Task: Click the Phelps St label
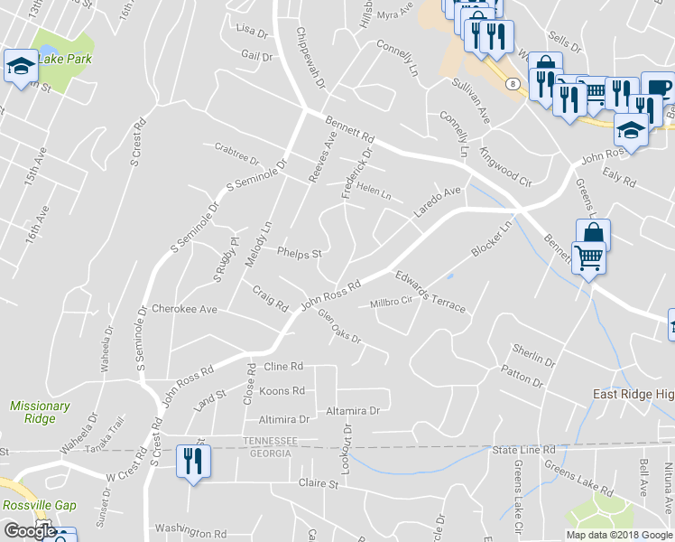299,254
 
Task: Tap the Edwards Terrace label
430,290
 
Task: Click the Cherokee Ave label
184,309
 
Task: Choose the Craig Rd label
269,296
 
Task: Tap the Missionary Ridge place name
40,412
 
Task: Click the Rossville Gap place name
39,506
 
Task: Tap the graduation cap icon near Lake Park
20,66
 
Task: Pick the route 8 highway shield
513,83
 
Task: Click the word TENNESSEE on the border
270,440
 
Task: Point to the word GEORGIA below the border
270,452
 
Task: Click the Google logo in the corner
29,531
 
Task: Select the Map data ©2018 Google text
618,535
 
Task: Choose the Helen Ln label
374,192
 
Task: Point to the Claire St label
318,483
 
